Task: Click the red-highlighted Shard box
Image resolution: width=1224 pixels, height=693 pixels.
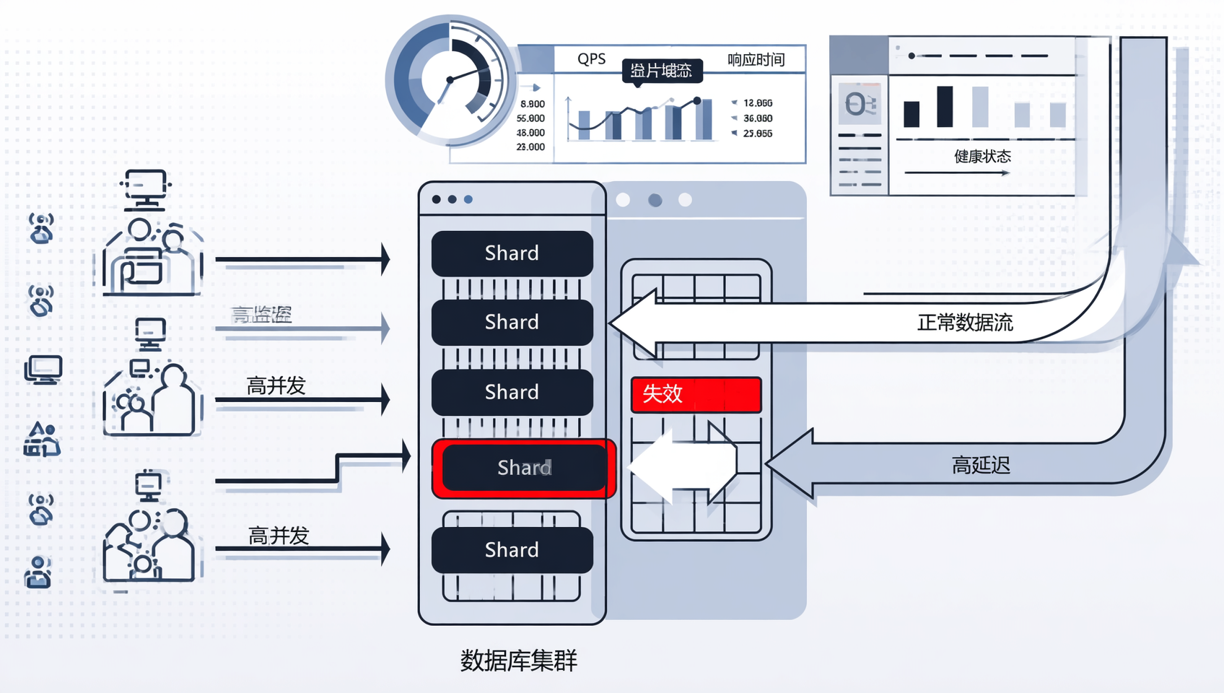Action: click(x=524, y=468)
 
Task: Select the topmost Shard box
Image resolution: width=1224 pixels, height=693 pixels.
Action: click(x=512, y=253)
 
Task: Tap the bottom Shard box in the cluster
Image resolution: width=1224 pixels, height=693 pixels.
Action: click(x=512, y=550)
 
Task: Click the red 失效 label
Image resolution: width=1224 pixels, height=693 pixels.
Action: click(x=696, y=394)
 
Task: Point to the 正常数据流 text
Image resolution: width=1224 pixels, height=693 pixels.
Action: click(x=965, y=323)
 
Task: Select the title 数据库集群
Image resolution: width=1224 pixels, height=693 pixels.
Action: click(x=518, y=661)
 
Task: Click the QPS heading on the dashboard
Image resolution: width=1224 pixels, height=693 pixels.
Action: click(x=591, y=59)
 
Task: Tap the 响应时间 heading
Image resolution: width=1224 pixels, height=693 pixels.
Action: click(x=756, y=60)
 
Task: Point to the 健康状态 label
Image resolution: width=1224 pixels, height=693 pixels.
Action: click(x=982, y=157)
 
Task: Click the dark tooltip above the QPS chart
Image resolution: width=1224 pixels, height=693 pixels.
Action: click(x=661, y=71)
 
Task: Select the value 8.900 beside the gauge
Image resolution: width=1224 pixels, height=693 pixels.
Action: click(x=533, y=104)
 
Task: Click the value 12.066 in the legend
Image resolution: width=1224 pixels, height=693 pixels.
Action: click(x=758, y=103)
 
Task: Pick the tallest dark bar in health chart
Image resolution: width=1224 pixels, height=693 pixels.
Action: click(x=945, y=107)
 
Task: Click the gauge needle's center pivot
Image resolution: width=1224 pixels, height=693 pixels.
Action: click(x=450, y=79)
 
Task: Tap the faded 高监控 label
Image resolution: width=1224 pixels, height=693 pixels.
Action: click(x=261, y=315)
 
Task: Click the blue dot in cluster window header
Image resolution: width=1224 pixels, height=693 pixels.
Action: click(x=468, y=199)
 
